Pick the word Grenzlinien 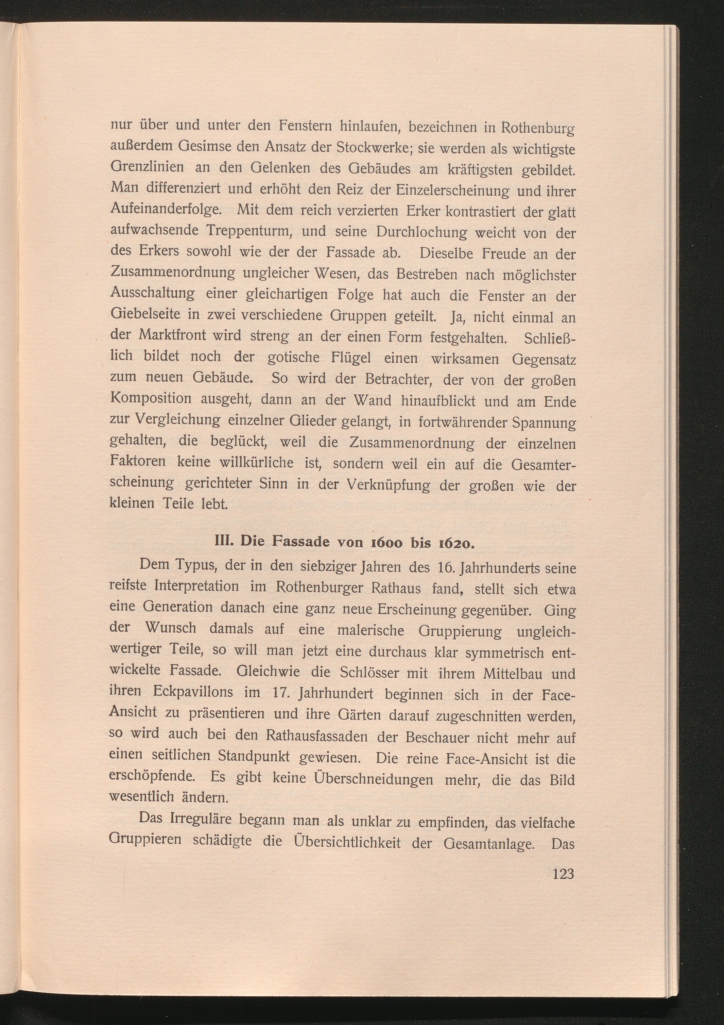coord(147,167)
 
